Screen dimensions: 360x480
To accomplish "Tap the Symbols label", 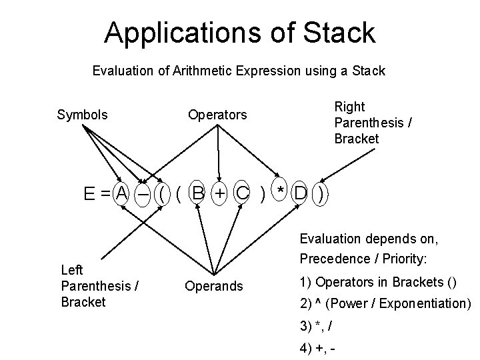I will tap(82, 115).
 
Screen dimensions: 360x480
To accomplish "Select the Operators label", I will tap(217, 115).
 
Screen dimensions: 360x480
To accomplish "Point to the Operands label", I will tap(214, 287).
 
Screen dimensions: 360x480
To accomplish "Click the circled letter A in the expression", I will tap(121, 193).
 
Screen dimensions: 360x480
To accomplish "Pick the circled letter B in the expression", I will tap(197, 193).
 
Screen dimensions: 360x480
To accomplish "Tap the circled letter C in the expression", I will tap(243, 193).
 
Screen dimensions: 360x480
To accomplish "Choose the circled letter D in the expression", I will tap(301, 193).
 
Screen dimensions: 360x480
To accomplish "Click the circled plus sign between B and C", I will tap(220, 193).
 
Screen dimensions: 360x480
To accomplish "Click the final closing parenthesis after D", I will tap(322, 194).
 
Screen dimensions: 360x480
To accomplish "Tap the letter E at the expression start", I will tap(89, 194).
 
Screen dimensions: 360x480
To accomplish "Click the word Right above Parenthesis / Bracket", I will tap(349, 107).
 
